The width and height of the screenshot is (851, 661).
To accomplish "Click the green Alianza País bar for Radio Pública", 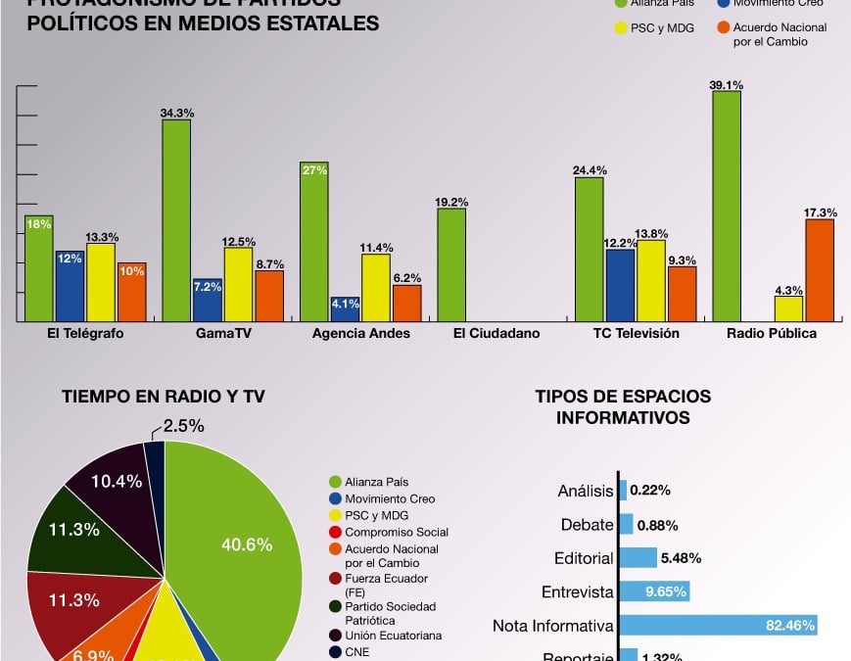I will (726, 206).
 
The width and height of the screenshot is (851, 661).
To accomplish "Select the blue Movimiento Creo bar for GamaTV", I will (207, 300).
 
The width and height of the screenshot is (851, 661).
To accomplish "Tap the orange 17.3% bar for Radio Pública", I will (820, 270).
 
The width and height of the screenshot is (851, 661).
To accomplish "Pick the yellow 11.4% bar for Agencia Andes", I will (376, 288).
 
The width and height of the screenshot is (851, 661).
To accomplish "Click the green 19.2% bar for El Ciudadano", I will (451, 264).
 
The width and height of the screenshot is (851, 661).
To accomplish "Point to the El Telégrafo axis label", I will (85, 333).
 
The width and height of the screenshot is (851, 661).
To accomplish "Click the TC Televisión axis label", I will (636, 333).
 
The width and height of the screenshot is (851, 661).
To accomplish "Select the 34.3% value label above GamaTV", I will (175, 114).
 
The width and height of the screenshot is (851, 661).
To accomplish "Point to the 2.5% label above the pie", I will (183, 425).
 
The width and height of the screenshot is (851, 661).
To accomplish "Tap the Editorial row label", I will (585, 558).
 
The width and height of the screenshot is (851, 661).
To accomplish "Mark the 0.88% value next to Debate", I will (658, 525).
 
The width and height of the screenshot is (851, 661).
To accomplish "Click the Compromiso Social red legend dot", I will (335, 532).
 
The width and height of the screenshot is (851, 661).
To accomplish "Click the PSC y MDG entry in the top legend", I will (656, 28).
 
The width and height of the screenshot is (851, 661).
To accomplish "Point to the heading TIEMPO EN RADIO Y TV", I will (164, 397).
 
